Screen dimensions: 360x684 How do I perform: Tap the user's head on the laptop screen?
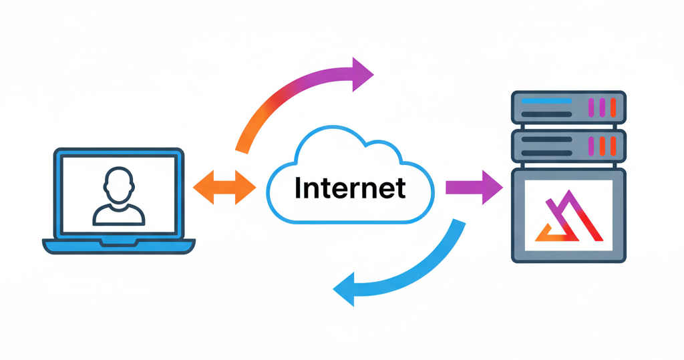[x=118, y=184]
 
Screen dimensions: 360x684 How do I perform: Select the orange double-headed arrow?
[x=224, y=188]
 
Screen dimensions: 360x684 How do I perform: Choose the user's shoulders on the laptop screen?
[x=118, y=214]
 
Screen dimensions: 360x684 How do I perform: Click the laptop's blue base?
[x=119, y=246]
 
